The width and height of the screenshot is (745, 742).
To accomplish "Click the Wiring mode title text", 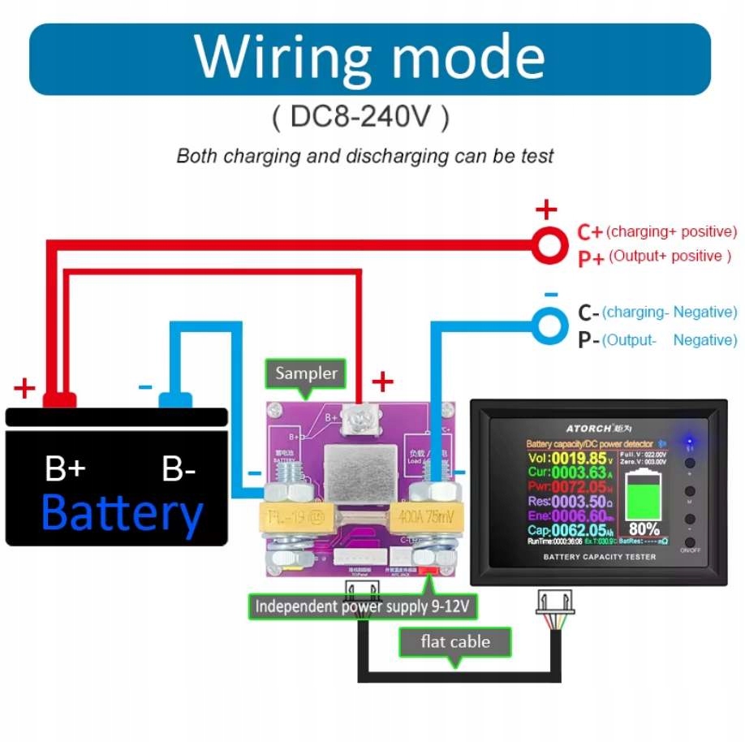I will coord(369,58).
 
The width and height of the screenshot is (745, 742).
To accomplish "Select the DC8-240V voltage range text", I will coord(360,119).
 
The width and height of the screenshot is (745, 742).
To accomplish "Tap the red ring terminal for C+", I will coord(549,244).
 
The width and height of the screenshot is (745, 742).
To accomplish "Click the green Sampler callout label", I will coord(305,373).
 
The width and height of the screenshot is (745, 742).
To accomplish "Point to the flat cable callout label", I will coord(455,642).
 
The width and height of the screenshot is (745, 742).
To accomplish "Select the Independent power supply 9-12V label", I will coord(363,606).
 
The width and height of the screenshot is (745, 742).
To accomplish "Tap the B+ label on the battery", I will coord(64,469).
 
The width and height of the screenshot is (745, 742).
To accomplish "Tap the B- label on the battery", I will coord(179,469).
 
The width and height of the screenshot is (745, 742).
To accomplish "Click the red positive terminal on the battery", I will coord(59,399).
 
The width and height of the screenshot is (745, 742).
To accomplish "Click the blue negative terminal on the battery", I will coord(175,399).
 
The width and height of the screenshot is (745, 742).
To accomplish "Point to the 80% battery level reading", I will coord(643,528).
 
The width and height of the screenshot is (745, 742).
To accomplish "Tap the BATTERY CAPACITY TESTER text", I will coord(600,557).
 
